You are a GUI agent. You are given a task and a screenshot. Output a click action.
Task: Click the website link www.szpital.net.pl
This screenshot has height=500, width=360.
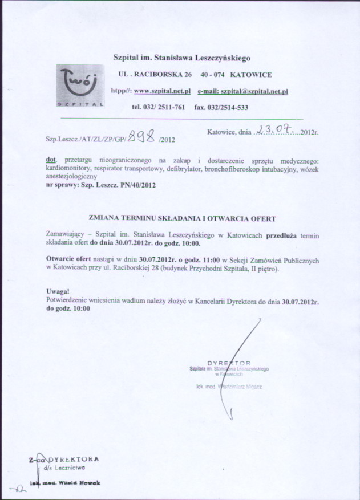pos(162,91)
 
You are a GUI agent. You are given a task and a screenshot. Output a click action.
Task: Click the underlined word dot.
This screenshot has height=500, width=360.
pos(51,161)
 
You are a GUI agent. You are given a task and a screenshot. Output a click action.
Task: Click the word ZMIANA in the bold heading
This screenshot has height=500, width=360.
pos(106,218)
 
